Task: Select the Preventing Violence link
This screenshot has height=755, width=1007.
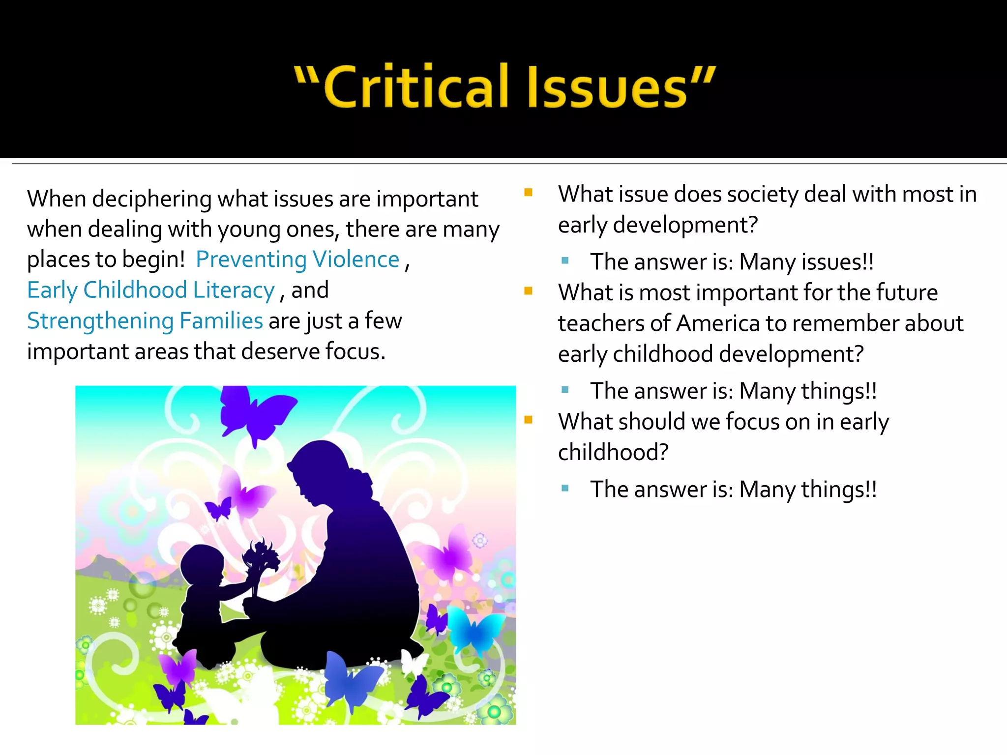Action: tap(297, 260)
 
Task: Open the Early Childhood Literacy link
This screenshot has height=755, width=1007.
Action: tap(150, 290)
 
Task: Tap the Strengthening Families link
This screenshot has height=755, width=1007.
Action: tap(145, 321)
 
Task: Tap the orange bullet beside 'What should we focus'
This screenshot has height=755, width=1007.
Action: tap(529, 420)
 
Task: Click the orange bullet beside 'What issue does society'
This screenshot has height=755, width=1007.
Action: tap(529, 192)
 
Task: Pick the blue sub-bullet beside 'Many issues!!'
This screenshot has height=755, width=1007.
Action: tap(565, 261)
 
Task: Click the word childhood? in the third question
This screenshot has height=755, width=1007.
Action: tap(613, 452)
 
